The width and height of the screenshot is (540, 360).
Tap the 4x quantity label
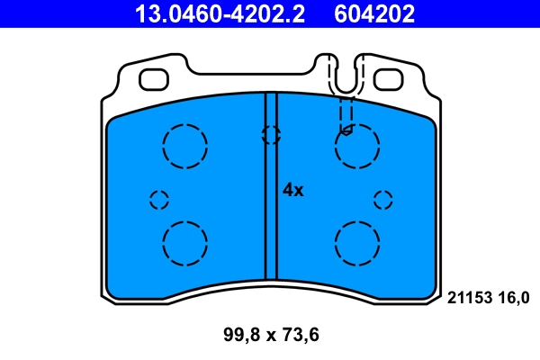pyautogui.click(x=293, y=190)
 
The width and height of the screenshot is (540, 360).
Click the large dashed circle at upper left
pyautogui.click(x=185, y=145)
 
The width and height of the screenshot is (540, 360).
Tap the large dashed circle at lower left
pyautogui.click(x=185, y=242)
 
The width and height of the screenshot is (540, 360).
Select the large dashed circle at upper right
pyautogui.click(x=356, y=145)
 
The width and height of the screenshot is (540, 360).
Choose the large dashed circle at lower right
pyautogui.click(x=356, y=242)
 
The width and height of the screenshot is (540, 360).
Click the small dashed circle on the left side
pyautogui.click(x=159, y=200)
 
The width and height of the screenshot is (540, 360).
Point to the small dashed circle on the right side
pyautogui.click(x=383, y=200)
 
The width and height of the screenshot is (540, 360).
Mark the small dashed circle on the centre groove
pyautogui.click(x=270, y=135)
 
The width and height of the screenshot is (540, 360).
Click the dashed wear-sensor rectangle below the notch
pyautogui.click(x=346, y=114)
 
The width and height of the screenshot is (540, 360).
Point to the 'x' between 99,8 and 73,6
pyautogui.click(x=271, y=337)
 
